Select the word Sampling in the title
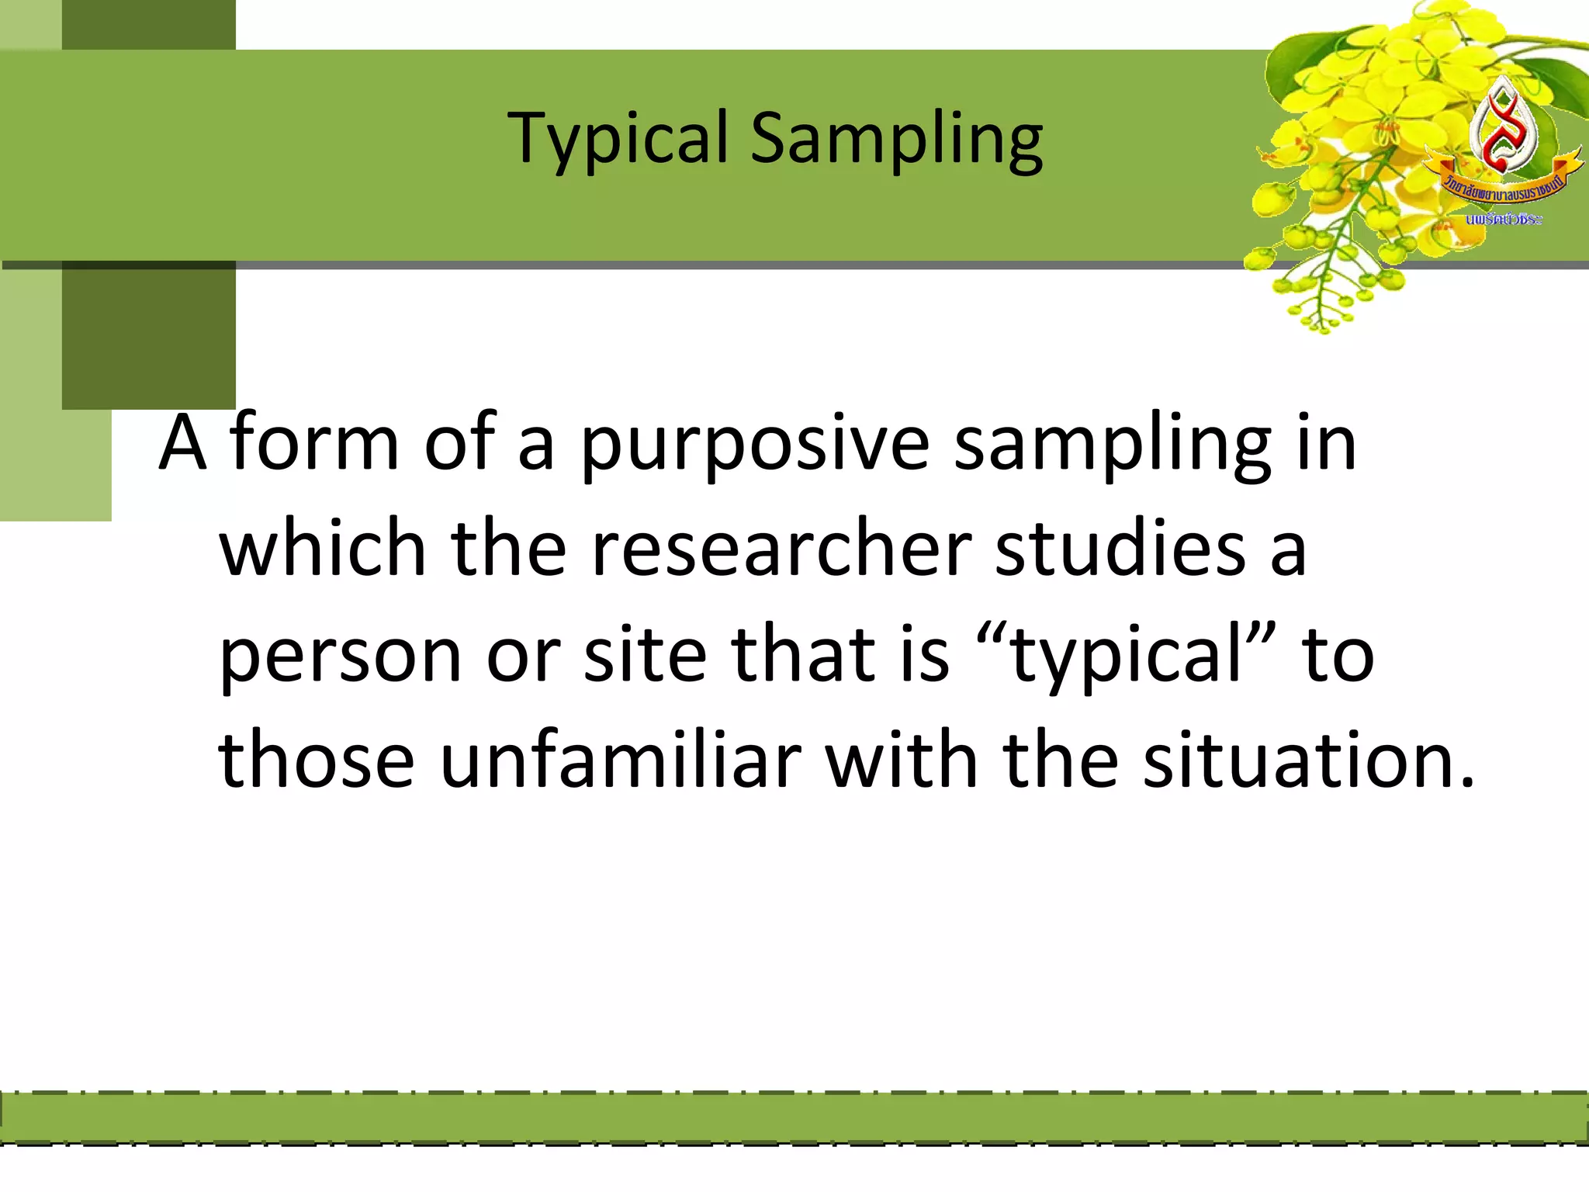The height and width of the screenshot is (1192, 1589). coord(896,140)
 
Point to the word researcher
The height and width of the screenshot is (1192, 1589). coord(781,549)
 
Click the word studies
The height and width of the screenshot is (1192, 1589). coord(1120,549)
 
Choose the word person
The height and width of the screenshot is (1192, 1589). coord(341,657)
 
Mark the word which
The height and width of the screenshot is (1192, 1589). coord(323,549)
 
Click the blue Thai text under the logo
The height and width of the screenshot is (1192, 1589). coord(1504,220)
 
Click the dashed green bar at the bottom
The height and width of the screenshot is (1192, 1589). coord(794,1118)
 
